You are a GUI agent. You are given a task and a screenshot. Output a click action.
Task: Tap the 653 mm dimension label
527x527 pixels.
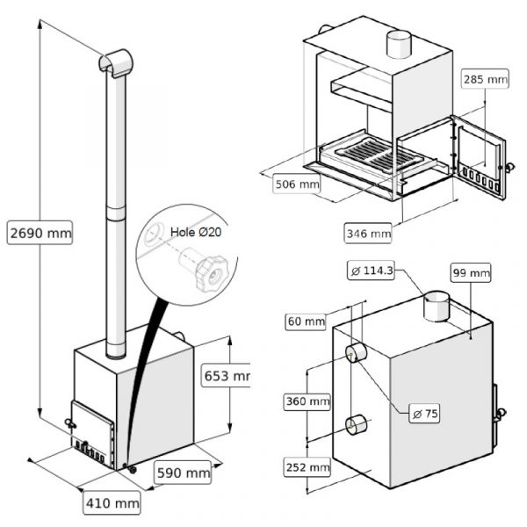pos(226,376)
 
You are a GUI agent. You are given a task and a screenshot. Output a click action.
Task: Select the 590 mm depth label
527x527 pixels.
pos(184,473)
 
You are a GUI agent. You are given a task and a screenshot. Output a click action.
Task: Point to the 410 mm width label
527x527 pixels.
pos(112,503)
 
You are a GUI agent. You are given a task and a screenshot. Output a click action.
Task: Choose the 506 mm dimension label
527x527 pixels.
pos(296,185)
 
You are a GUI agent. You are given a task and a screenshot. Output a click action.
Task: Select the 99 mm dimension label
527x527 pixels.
pos(472,273)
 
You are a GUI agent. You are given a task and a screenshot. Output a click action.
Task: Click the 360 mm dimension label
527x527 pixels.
pos(307,401)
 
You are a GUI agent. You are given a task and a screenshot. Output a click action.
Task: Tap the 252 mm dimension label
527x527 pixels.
pos(307,466)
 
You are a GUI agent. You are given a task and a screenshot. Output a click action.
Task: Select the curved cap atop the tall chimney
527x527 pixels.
pos(115,61)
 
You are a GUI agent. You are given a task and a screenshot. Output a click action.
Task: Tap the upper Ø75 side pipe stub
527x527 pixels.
pos(357,354)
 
